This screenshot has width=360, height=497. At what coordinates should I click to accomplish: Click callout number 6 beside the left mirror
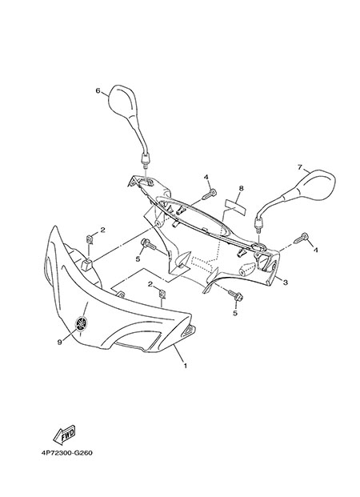click(x=98, y=90)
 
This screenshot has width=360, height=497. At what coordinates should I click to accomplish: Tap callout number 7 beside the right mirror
click(x=300, y=167)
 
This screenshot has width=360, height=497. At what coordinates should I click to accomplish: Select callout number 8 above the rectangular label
click(x=241, y=188)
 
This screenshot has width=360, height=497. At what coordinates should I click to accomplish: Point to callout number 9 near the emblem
click(x=59, y=342)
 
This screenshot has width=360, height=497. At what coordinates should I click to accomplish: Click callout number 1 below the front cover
click(x=186, y=366)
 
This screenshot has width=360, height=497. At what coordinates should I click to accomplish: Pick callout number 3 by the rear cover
click(x=286, y=282)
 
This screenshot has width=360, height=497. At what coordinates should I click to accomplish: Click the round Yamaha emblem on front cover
click(x=81, y=323)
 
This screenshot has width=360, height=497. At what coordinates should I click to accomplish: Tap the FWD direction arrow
click(x=64, y=434)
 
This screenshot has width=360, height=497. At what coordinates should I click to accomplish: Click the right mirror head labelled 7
click(x=315, y=186)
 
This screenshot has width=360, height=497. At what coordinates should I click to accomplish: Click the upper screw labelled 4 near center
click(x=209, y=194)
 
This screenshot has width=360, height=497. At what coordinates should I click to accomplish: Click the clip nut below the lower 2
click(x=162, y=294)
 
